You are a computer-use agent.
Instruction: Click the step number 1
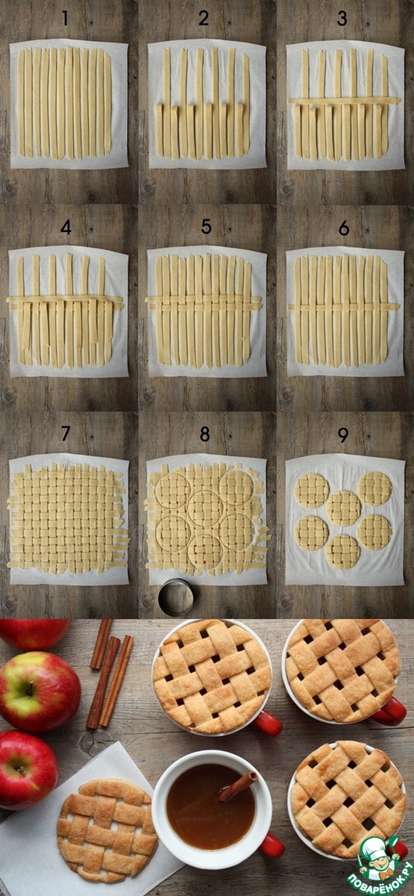pos(65,19)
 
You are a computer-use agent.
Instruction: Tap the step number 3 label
pos(342,19)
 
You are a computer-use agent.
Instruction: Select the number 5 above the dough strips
pos(206,226)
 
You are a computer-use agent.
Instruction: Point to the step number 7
pos(66,433)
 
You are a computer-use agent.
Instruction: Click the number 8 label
pos(205,434)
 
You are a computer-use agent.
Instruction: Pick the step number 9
pos(343,435)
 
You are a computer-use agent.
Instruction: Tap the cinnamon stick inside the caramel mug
pos(238,785)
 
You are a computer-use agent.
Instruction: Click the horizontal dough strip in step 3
pos(345,102)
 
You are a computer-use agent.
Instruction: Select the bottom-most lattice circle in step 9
pos(342,552)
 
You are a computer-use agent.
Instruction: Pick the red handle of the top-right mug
pos(389,710)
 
